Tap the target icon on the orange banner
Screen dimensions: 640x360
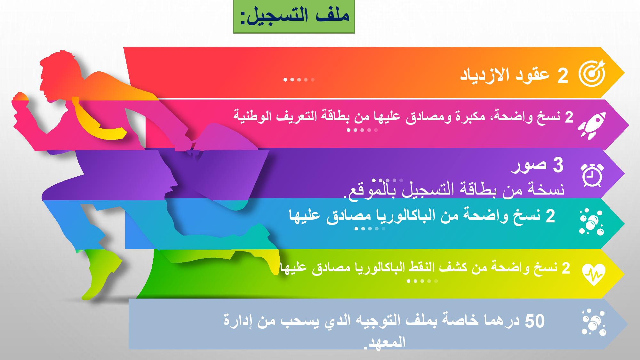592,73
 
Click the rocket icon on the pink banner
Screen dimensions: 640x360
592,126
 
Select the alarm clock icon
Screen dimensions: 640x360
592,175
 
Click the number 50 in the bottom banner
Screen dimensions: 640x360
535,321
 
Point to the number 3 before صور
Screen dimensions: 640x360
558,165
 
